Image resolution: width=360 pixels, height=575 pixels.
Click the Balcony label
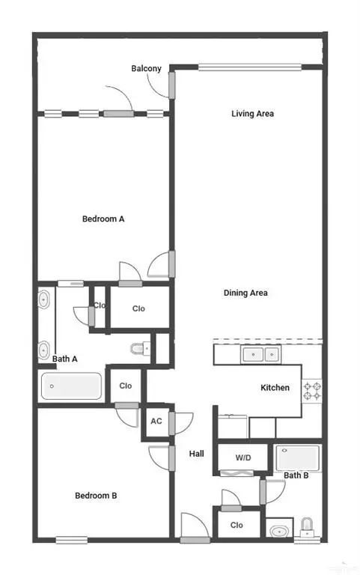tap(146, 69)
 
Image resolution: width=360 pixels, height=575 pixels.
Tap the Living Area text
tap(252, 114)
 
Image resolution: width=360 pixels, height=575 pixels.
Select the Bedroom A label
tap(103, 219)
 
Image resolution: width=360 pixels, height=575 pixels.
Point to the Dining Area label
tap(245, 293)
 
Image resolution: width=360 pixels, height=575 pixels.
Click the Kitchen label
tap(275, 388)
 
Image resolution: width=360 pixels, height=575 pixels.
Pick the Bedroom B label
tap(96, 496)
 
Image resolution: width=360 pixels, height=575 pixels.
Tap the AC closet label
tap(156, 422)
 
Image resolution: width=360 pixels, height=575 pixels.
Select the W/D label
tap(242, 457)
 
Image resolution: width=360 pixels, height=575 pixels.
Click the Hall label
tap(196, 454)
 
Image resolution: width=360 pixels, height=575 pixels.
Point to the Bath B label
tap(296, 475)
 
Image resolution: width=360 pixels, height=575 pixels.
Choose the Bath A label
tap(65, 359)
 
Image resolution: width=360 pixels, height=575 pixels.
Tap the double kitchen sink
tap(260, 354)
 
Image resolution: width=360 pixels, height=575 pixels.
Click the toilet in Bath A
tap(138, 348)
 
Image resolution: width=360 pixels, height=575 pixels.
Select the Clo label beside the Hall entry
tap(237, 526)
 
